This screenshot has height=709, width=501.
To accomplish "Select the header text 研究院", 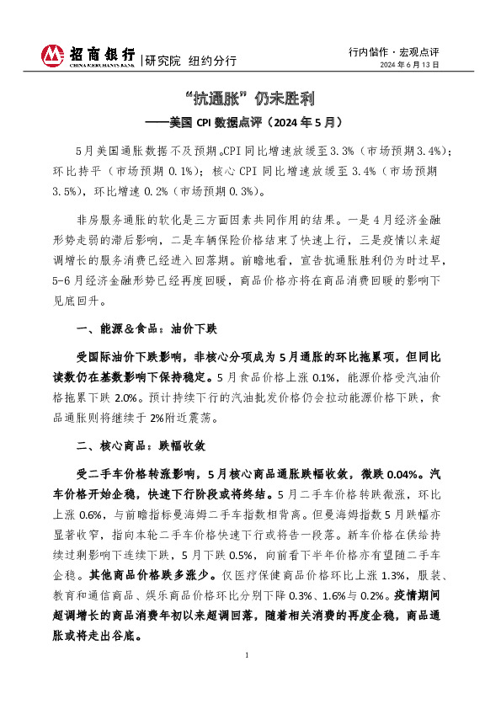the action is [163, 61].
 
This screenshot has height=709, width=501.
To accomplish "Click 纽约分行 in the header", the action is [213, 61].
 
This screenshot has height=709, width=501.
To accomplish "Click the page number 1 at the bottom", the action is [247, 678].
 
